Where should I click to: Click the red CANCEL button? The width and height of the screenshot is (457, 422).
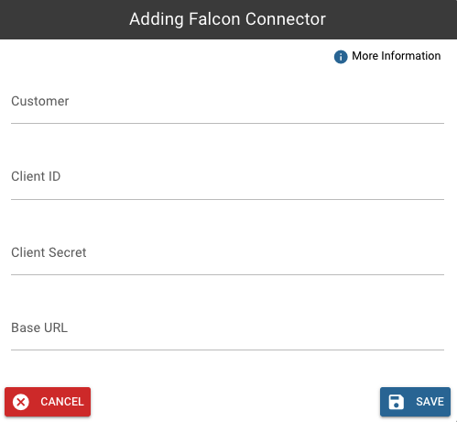point(48,402)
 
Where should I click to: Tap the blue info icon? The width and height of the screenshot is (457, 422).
point(341,57)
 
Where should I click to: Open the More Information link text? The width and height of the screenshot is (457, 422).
point(397,56)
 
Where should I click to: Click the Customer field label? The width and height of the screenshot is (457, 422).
point(40,101)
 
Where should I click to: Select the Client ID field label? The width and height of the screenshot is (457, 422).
point(36,176)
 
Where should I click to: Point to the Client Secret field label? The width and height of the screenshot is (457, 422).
point(49,252)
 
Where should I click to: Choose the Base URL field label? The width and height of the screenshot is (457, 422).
point(39,328)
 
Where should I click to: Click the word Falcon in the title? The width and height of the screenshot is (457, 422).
point(214,19)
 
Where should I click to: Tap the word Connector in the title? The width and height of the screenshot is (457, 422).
point(286,19)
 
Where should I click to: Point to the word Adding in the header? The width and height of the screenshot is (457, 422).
point(157,19)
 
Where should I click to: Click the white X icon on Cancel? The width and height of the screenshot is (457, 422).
point(21,402)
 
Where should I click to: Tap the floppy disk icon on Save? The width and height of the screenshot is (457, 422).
point(396,402)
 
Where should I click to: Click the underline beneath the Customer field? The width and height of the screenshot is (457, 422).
point(227,123)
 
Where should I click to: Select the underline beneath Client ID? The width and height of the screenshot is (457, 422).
point(227,199)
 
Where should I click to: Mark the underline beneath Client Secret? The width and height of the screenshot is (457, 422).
point(227,274)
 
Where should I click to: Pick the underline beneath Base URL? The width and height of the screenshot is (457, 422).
point(227,350)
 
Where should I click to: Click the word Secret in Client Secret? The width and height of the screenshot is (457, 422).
point(68,252)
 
